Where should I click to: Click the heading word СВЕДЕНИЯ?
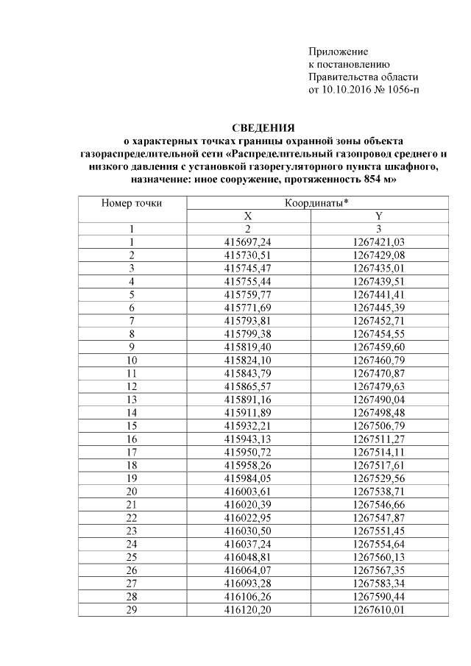click(263, 127)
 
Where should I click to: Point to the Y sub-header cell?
click(378, 216)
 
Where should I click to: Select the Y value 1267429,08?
click(379, 255)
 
